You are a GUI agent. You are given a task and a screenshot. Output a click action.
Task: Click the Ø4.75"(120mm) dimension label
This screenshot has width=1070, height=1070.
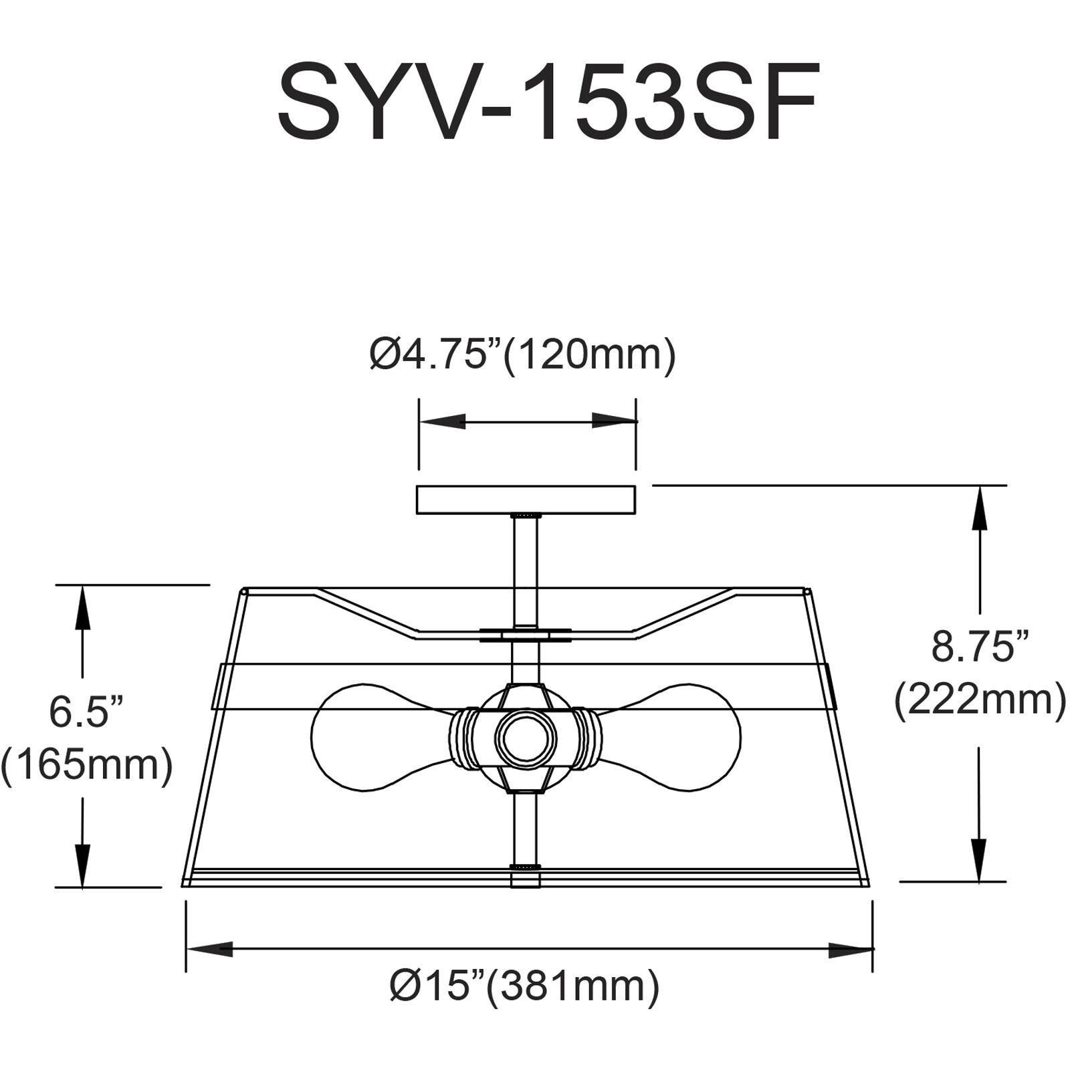[523, 355]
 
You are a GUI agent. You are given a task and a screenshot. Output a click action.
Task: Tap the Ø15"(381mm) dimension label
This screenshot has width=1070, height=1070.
[525, 986]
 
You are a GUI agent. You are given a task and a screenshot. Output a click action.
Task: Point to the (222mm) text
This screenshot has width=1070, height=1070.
[980, 702]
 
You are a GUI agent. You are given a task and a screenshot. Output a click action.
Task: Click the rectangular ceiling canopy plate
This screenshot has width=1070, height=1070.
[526, 500]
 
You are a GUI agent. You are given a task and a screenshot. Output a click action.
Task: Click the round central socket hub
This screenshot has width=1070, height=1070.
[526, 740]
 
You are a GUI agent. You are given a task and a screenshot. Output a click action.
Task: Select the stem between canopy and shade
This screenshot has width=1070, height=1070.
[526, 568]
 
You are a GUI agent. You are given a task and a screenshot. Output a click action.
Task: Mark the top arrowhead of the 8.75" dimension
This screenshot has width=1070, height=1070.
[980, 508]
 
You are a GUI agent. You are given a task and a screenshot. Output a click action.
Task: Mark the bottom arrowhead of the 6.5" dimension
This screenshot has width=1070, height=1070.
[82, 863]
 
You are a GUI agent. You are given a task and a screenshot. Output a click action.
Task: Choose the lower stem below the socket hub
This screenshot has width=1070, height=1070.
[526, 829]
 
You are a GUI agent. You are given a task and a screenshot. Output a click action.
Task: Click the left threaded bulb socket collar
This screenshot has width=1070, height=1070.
[460, 738]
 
